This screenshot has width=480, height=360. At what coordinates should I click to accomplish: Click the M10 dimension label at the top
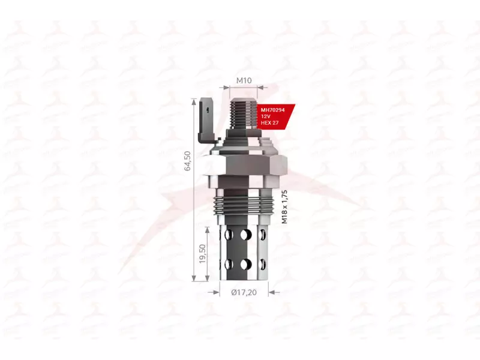243,80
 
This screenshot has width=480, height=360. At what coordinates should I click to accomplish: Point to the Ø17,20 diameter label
244,292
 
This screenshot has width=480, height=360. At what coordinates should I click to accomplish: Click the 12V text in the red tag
265,116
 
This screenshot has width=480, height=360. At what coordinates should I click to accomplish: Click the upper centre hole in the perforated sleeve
244,235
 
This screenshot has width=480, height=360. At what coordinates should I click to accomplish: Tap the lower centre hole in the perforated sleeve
244,263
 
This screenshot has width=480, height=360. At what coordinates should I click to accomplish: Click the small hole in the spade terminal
207,109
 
